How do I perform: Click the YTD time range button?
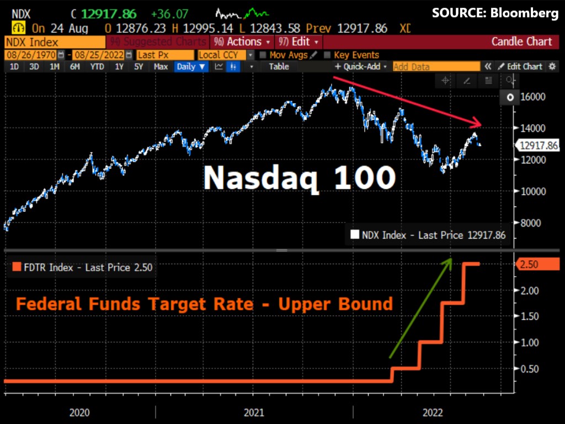coord(97,66)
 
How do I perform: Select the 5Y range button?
coord(139,66)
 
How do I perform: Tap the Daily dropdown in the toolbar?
coord(191,66)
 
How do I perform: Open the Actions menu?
coord(243,41)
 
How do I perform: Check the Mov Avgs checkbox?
coord(263,55)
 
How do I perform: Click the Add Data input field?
coord(436,66)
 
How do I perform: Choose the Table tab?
coord(279,66)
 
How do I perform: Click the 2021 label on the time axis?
coord(254,412)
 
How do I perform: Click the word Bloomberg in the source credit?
coord(526,13)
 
